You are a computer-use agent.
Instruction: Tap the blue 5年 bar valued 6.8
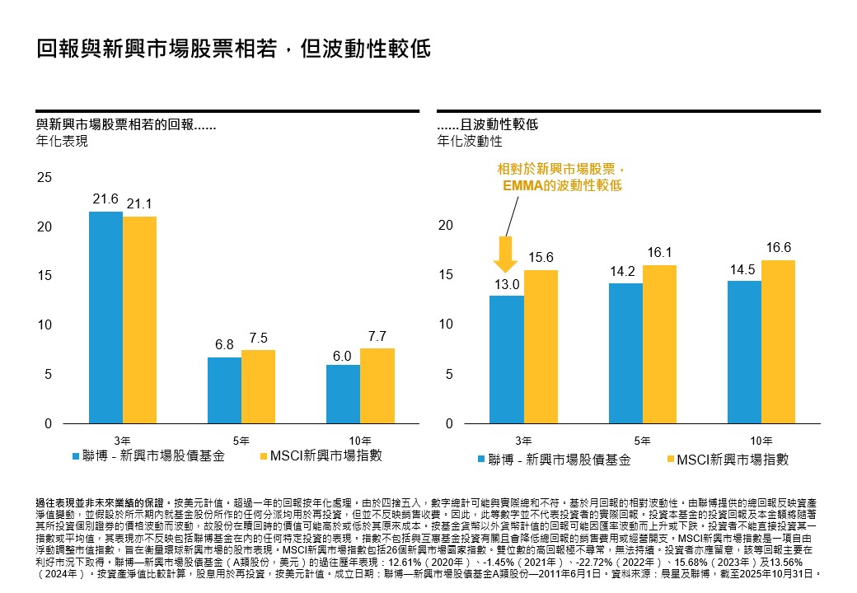(x=224, y=390)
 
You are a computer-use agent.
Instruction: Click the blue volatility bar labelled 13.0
(x=506, y=360)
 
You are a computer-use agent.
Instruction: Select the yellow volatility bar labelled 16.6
(x=778, y=342)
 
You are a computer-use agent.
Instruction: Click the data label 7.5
(x=259, y=338)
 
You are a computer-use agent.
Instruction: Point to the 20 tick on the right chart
(x=445, y=226)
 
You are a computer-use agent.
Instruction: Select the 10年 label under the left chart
(x=360, y=440)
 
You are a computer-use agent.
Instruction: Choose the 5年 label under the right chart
(x=643, y=440)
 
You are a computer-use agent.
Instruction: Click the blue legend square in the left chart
(x=77, y=455)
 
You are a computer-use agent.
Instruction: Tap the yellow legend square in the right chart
(x=669, y=460)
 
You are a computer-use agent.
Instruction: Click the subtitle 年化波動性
(x=470, y=141)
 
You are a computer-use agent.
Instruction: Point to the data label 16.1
(x=659, y=254)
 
